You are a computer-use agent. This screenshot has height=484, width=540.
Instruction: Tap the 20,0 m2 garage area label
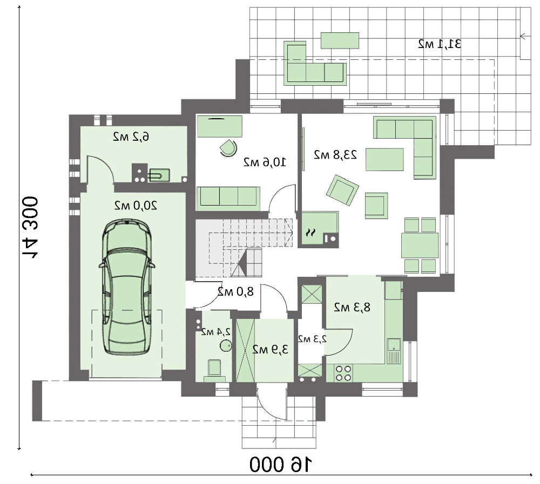(x=136, y=206)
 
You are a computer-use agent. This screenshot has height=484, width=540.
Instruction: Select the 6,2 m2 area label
(x=131, y=137)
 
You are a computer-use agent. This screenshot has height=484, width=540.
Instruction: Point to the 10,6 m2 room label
(x=265, y=162)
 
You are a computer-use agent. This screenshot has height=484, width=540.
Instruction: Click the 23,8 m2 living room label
(x=335, y=155)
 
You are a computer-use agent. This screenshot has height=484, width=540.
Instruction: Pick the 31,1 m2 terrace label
(x=440, y=44)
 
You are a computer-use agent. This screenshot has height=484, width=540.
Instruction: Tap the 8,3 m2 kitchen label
(x=352, y=307)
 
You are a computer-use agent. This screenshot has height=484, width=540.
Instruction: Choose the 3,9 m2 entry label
(x=271, y=350)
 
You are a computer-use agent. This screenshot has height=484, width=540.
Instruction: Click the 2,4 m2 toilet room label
(x=217, y=332)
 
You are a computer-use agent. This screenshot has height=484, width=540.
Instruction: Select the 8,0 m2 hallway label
(x=235, y=292)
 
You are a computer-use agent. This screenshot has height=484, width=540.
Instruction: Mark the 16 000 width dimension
(x=281, y=465)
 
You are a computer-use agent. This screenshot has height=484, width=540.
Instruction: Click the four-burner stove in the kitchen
(x=343, y=373)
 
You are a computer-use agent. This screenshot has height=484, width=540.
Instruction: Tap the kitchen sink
(x=394, y=351)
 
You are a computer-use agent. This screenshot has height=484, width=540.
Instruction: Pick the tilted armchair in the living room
(x=342, y=189)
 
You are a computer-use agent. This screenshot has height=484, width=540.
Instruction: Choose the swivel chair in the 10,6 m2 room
(x=228, y=148)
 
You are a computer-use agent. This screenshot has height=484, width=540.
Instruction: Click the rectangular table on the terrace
(x=340, y=40)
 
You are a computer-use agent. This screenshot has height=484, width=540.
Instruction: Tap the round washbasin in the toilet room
(x=225, y=345)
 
